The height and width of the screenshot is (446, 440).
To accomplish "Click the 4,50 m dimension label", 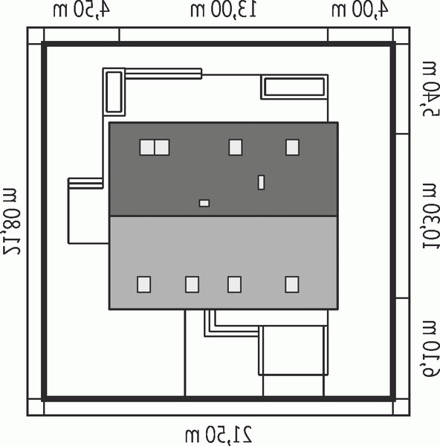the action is click(82, 10).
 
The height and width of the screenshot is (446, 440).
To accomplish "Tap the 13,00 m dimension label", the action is click(224, 10).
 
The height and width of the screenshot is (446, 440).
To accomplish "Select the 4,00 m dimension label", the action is click(360, 10).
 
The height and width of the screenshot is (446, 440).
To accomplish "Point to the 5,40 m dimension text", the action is click(430, 88).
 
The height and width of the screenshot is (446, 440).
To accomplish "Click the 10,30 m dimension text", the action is click(430, 216).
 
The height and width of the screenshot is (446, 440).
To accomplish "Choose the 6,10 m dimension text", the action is click(430, 349).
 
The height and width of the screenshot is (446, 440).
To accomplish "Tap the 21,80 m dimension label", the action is click(12, 222).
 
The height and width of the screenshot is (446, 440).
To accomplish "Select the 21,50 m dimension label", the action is click(219, 434).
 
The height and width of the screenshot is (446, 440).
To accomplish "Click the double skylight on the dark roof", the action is click(155, 147).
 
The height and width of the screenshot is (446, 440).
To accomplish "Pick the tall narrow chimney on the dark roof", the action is click(261, 182).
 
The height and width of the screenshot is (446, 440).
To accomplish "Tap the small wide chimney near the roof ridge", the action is click(204, 204).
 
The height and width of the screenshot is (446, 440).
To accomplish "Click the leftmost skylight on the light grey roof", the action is click(143, 285).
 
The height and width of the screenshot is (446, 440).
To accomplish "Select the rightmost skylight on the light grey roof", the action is click(292, 285).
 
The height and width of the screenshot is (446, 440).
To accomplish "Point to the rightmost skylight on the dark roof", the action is click(292, 147).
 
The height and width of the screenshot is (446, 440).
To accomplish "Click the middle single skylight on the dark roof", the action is click(236, 147).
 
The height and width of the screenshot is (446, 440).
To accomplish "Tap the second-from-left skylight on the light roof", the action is click(192, 285).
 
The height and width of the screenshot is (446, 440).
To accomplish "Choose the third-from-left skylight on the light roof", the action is click(234, 285).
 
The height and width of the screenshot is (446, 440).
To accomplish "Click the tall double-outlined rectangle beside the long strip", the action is click(114, 92).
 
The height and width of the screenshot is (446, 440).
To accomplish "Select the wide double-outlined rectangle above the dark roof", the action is click(294, 87).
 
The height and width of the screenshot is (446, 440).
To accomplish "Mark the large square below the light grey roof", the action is click(294, 350).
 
